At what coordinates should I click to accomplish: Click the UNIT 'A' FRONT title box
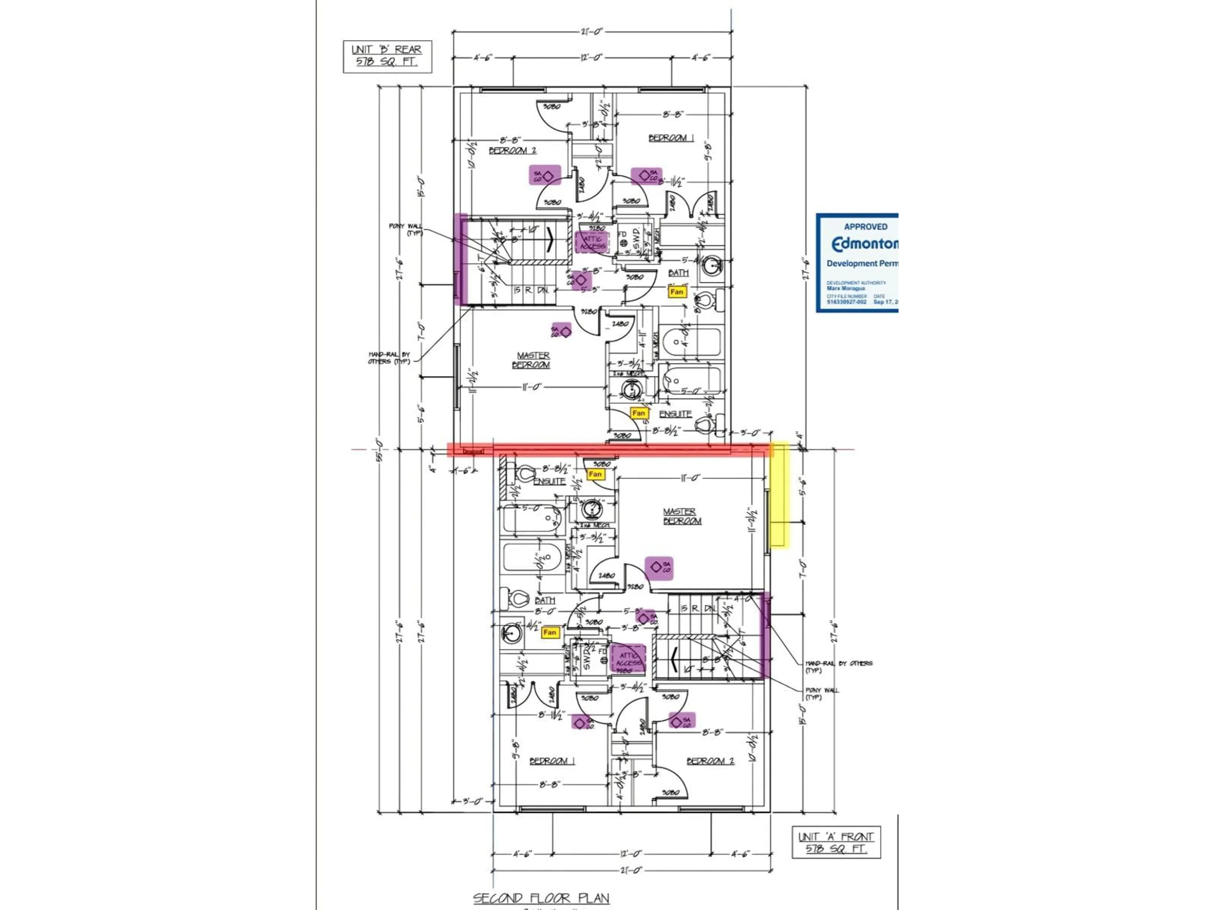point(836,842)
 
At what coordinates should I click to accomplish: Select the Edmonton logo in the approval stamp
point(864,244)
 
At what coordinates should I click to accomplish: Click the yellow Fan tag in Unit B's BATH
point(677,292)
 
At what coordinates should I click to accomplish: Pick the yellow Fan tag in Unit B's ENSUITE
point(638,413)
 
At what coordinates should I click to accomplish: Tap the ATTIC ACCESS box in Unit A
point(628,659)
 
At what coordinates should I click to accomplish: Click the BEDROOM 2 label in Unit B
point(512,150)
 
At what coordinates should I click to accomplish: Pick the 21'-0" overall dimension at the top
point(592,32)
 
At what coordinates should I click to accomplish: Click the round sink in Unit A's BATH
point(512,633)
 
